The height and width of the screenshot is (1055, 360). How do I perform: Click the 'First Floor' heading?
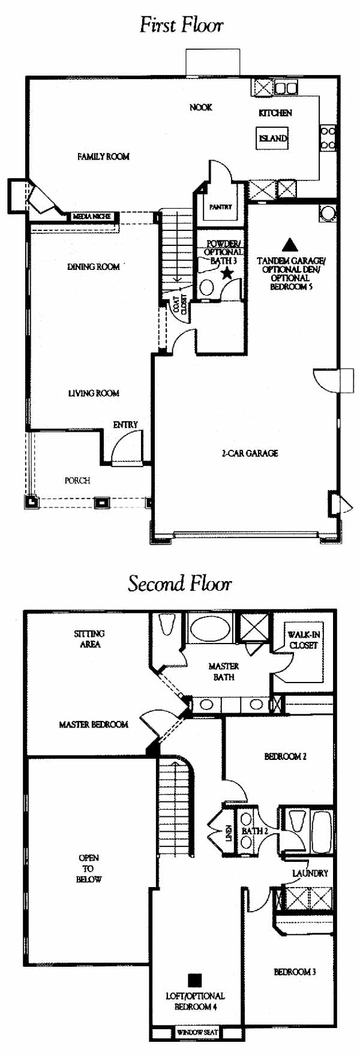(181, 25)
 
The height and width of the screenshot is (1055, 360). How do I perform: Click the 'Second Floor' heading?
(180, 584)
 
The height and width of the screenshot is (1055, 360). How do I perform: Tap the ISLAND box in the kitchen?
(273, 139)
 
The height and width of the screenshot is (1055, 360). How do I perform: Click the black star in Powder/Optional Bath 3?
(227, 273)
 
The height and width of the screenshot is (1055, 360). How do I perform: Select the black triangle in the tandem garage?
(290, 245)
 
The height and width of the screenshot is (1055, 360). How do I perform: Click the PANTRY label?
(220, 207)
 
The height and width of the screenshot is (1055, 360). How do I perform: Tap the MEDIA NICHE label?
(92, 216)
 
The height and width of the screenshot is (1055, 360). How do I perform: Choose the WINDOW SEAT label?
(197, 1032)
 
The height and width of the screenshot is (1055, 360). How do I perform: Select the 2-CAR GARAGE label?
(250, 453)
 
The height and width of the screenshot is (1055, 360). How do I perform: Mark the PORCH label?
(77, 480)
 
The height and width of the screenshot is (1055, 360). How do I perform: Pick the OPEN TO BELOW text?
(89, 868)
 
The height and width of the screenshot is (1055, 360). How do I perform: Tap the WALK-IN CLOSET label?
(304, 640)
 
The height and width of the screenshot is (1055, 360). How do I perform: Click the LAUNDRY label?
(310, 873)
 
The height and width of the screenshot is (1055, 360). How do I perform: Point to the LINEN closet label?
(229, 833)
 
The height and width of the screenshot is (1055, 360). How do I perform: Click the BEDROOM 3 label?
(295, 972)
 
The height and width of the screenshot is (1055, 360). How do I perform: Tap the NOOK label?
(201, 107)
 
